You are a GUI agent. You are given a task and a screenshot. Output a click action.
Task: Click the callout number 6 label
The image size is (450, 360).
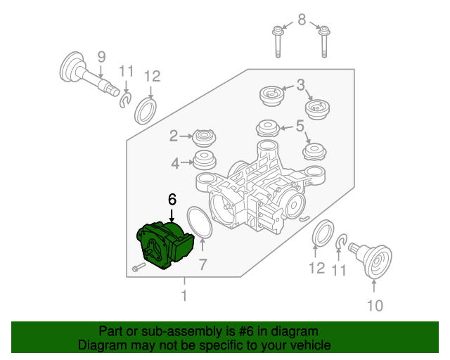coord(172,200)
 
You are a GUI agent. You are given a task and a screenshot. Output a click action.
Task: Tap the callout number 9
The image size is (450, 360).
coord(101,56)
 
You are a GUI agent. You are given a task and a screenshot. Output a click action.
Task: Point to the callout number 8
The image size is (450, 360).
coord(302,20)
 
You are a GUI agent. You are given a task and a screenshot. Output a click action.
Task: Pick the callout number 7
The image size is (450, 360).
coord(202,264)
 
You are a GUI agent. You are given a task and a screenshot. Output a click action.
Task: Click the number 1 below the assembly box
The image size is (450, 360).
coord(184,296)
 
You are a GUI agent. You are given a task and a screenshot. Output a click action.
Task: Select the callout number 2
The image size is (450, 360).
coord(173,135)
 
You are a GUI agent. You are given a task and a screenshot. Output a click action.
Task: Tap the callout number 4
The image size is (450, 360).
coord(174,164)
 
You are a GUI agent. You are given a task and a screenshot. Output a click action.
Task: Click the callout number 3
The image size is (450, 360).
coord(300,86)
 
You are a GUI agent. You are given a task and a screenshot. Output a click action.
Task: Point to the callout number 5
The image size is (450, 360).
coord(300,127)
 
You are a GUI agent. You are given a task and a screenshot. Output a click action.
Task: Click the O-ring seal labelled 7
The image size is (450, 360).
coord(199,222)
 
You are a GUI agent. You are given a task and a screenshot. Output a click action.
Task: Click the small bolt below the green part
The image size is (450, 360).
coord(137,267)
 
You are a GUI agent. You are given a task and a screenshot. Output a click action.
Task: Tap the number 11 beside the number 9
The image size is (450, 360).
coord(126,71)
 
